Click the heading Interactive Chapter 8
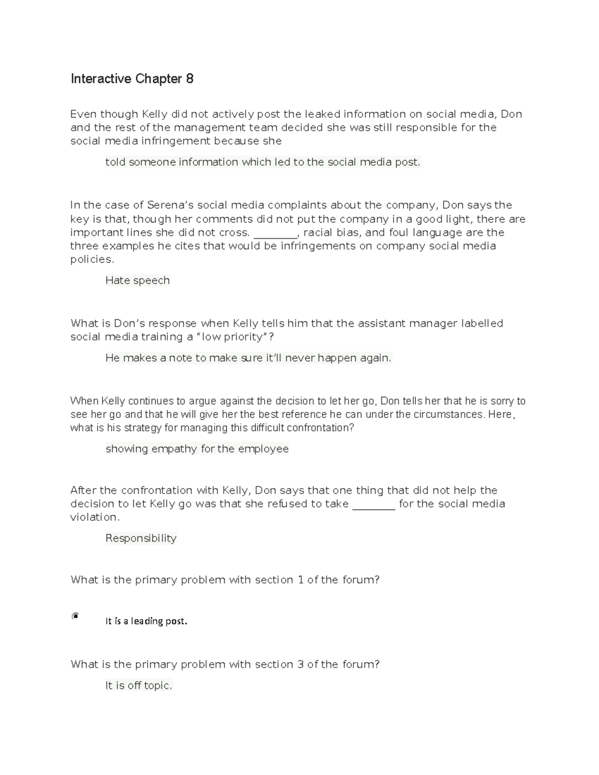pyautogui.click(x=132, y=79)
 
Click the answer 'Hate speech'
pyautogui.click(x=137, y=280)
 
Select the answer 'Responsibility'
pyautogui.click(x=141, y=538)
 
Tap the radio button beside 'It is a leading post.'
pyautogui.click(x=75, y=616)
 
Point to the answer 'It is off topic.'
pyautogui.click(x=138, y=686)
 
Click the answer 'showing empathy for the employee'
pyautogui.click(x=197, y=449)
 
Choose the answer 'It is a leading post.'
pyautogui.click(x=146, y=621)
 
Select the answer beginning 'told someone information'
pyautogui.click(x=263, y=162)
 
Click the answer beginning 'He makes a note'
pyautogui.click(x=248, y=358)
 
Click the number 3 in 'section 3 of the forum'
pyautogui.click(x=300, y=665)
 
